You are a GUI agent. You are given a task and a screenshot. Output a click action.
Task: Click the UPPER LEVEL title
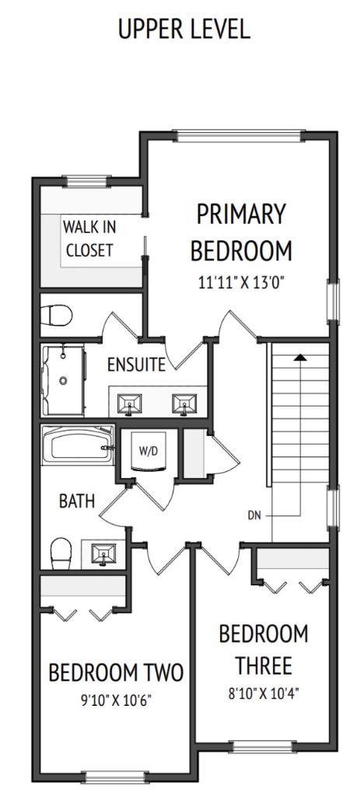coord(183,29)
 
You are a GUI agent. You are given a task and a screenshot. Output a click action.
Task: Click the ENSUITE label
coord(136,365)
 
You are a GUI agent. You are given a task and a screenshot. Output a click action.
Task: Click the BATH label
coord(77,501)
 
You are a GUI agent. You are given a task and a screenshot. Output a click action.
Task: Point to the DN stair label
coord(254,514)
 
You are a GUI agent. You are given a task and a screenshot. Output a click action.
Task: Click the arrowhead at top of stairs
coord(300,358)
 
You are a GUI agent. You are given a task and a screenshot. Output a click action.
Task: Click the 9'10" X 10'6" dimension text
coord(115,700)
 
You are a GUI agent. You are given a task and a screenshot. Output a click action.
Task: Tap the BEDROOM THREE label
coord(263,649)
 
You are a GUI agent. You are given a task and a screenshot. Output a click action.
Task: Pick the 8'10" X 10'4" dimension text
coord(263,690)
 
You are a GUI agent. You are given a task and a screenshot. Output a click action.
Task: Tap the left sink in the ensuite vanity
coord(128,403)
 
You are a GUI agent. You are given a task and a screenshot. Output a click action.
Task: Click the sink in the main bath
coord(103,554)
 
